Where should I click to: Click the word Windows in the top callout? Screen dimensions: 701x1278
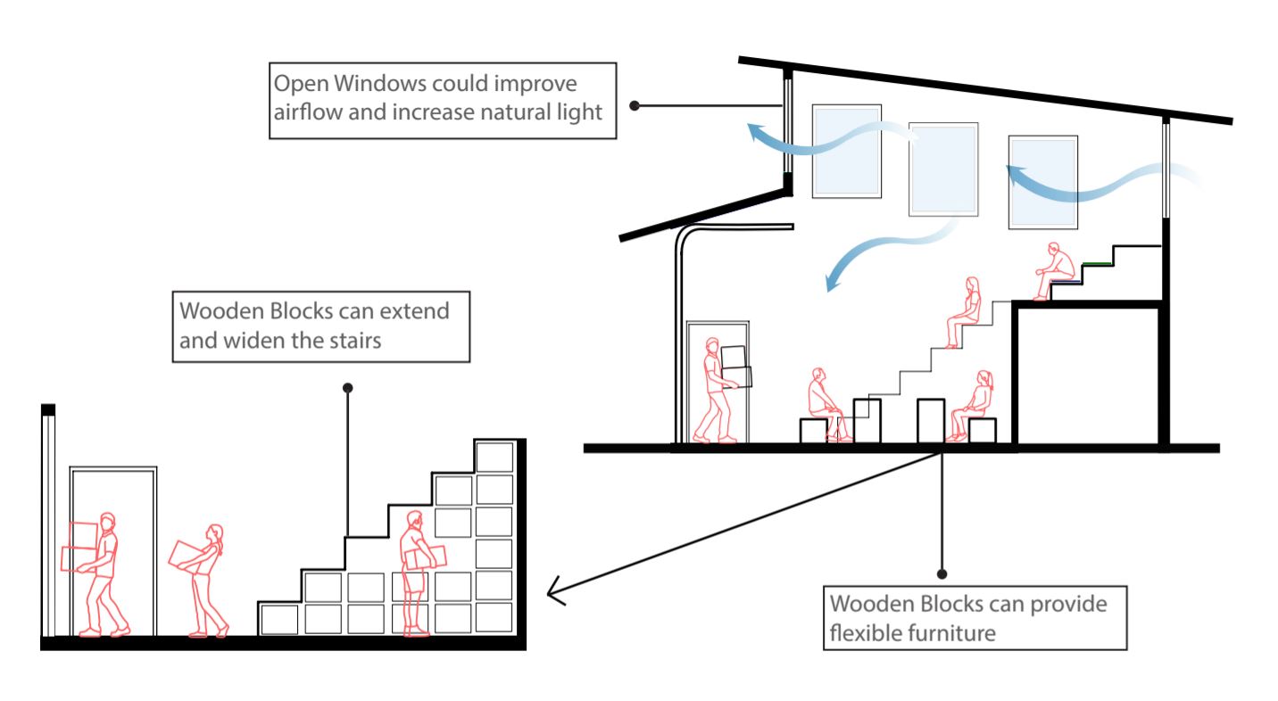372,83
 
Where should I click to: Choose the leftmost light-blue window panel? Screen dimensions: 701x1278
846,150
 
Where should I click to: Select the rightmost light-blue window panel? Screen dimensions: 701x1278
1042,181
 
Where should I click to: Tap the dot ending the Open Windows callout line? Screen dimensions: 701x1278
634,105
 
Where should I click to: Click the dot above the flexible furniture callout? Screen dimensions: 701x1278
941,574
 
